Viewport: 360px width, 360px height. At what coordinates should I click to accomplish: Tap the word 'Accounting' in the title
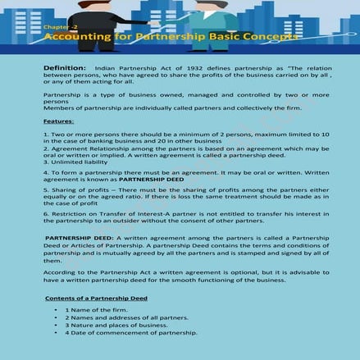[75, 39]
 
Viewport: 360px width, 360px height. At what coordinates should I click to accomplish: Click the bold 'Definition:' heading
[65, 66]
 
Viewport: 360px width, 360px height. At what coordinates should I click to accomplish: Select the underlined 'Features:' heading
[58, 121]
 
